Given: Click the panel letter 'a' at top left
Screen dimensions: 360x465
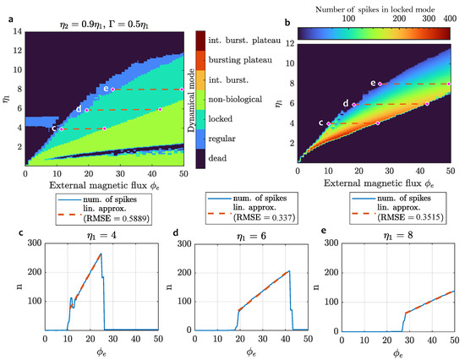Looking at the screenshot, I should [8, 7].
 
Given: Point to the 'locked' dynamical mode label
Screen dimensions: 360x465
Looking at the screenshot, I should [229, 117].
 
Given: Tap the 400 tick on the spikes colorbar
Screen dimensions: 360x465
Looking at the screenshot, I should [447, 17].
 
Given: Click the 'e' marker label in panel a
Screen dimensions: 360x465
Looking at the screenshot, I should [106, 88].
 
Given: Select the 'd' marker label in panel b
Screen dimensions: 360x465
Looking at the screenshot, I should [346, 103].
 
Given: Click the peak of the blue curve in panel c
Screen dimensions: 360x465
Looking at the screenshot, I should [101, 254].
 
